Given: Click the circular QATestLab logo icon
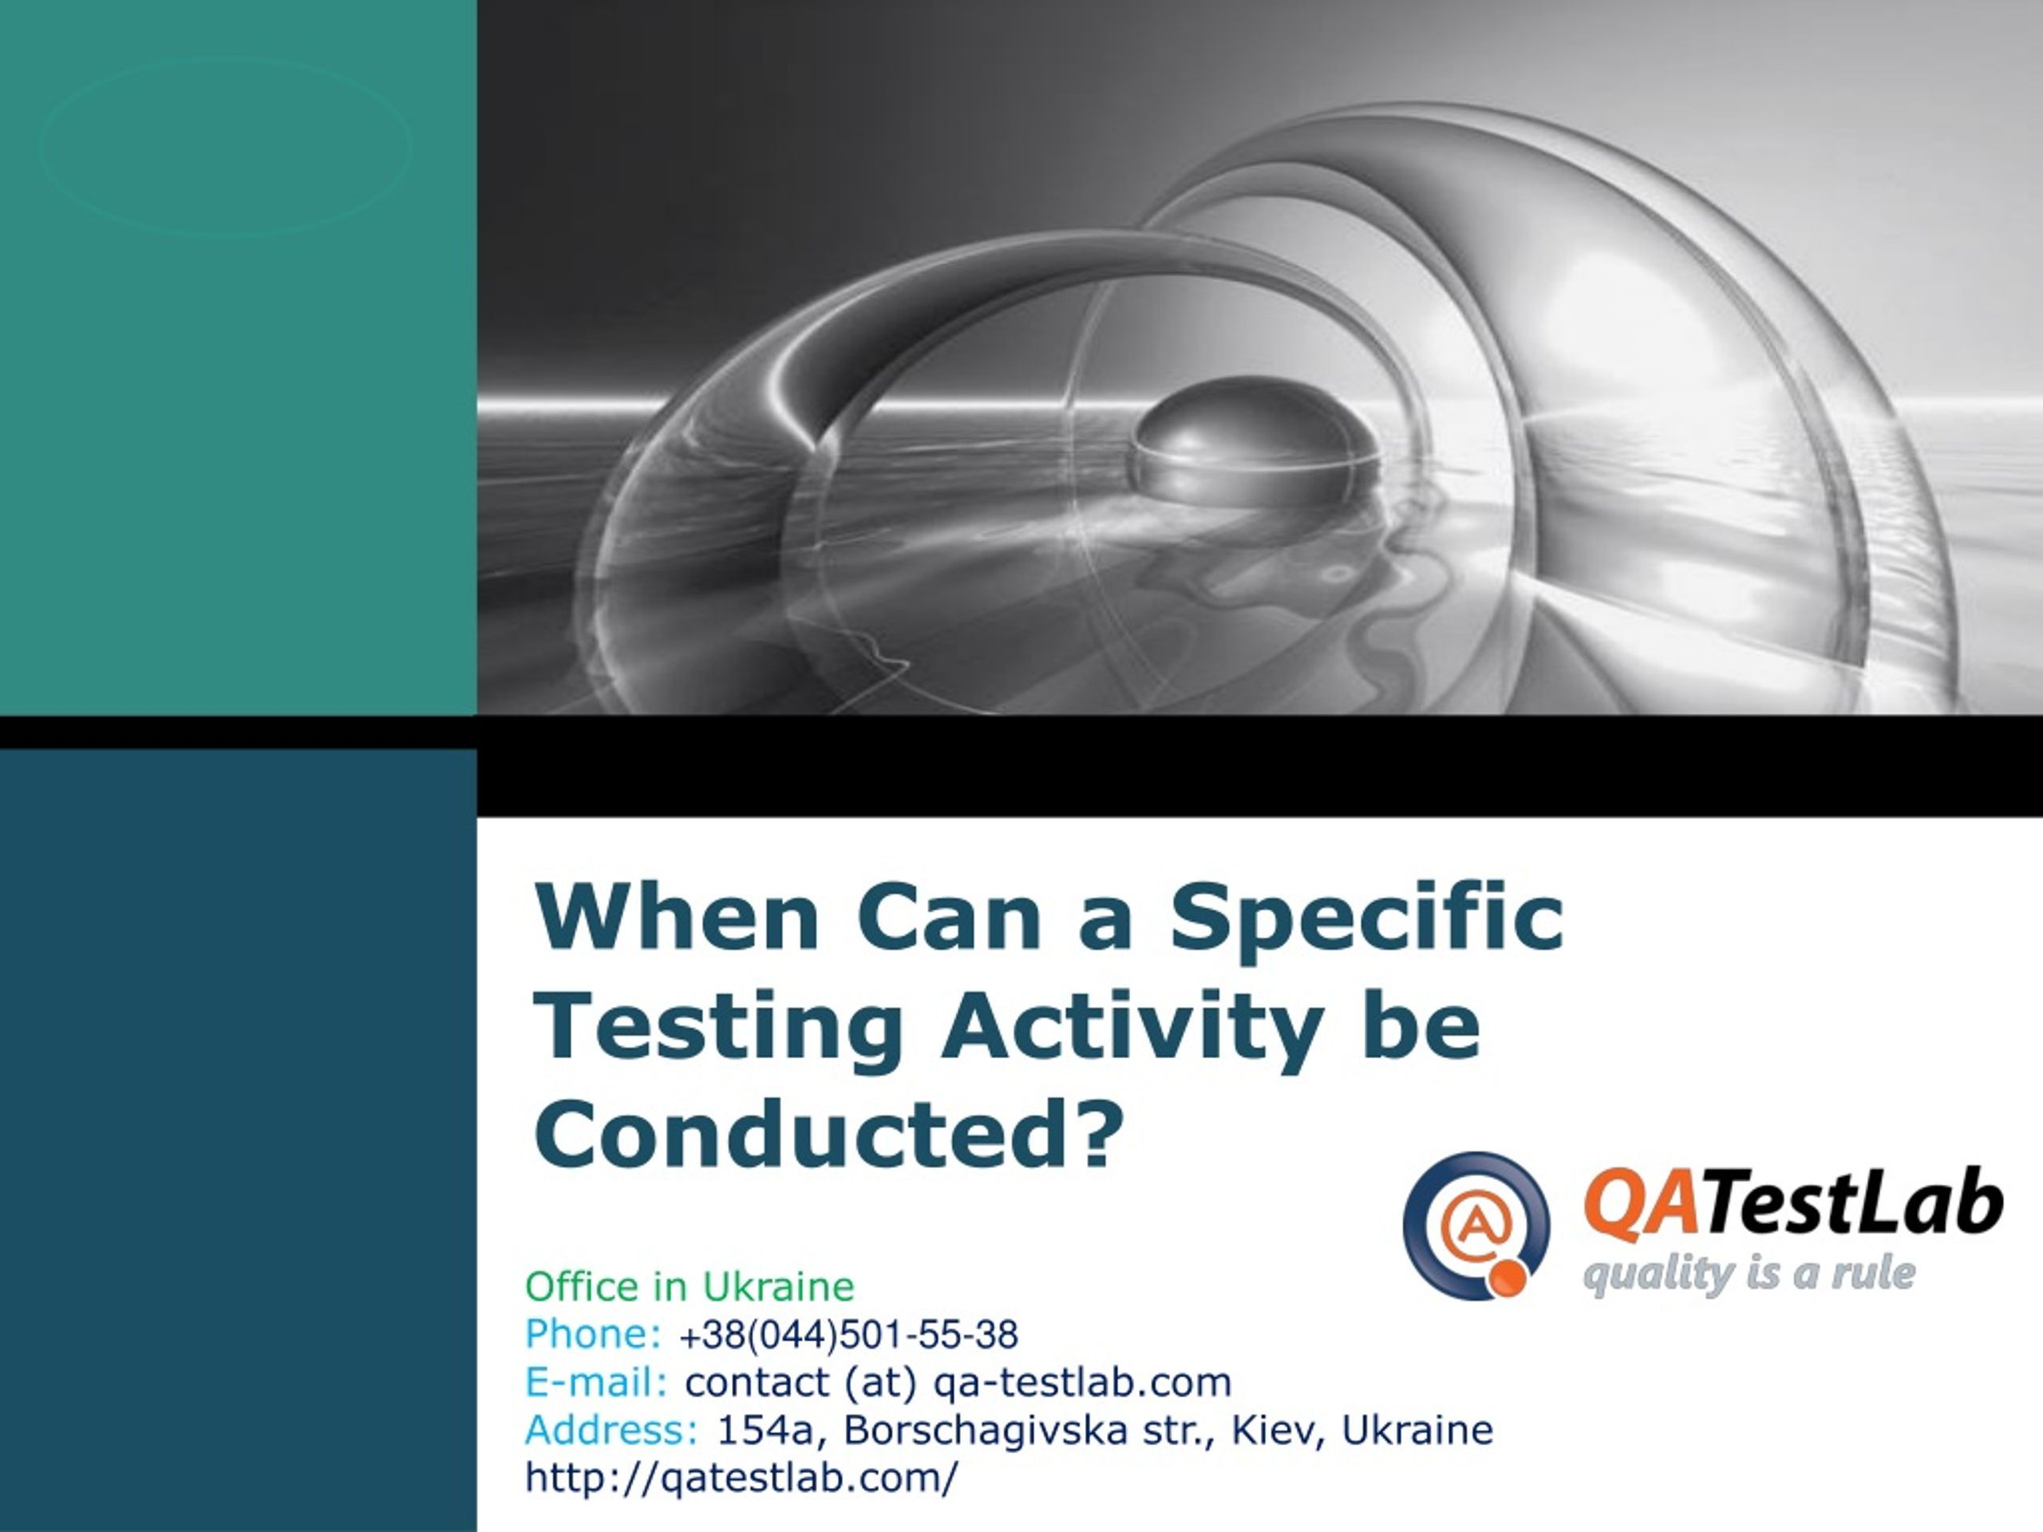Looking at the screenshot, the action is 1476,1226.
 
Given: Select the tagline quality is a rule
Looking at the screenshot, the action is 1749,1273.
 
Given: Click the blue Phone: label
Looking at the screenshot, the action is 593,1334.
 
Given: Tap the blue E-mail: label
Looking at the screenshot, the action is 595,1383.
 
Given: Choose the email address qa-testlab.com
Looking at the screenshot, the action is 1082,1384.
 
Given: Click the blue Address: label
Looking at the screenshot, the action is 611,1431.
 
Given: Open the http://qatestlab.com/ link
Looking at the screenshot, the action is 741,1479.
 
